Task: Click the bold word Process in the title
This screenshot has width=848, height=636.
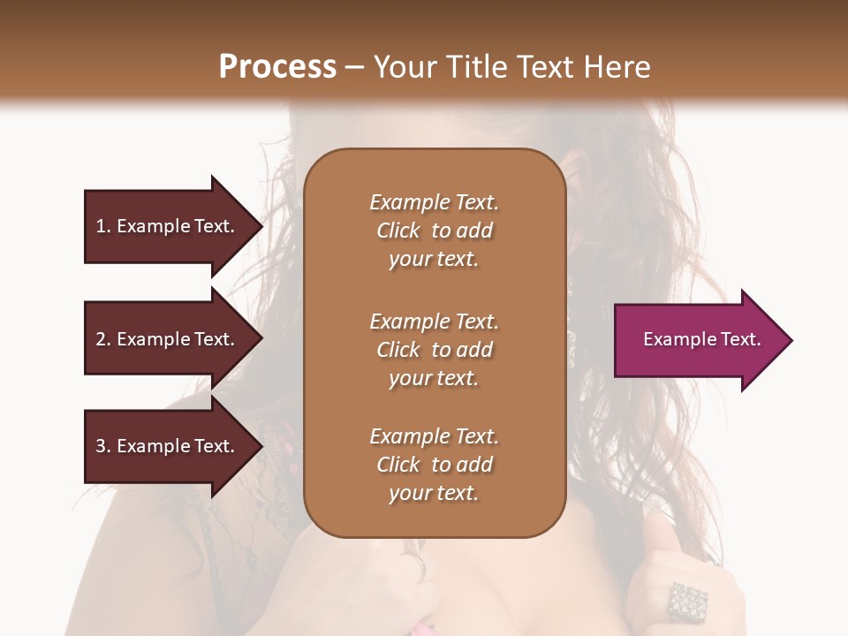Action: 277,67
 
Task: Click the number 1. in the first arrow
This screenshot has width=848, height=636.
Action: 103,226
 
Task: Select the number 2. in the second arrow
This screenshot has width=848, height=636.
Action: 103,339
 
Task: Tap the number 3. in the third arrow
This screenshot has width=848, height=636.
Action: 103,446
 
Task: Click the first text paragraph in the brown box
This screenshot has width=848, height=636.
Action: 434,231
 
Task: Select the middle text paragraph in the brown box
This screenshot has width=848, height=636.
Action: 434,350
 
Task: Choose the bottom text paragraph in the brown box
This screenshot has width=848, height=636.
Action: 434,465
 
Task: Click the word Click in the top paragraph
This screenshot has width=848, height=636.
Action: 398,231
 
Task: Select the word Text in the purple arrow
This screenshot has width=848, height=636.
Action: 741,339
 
